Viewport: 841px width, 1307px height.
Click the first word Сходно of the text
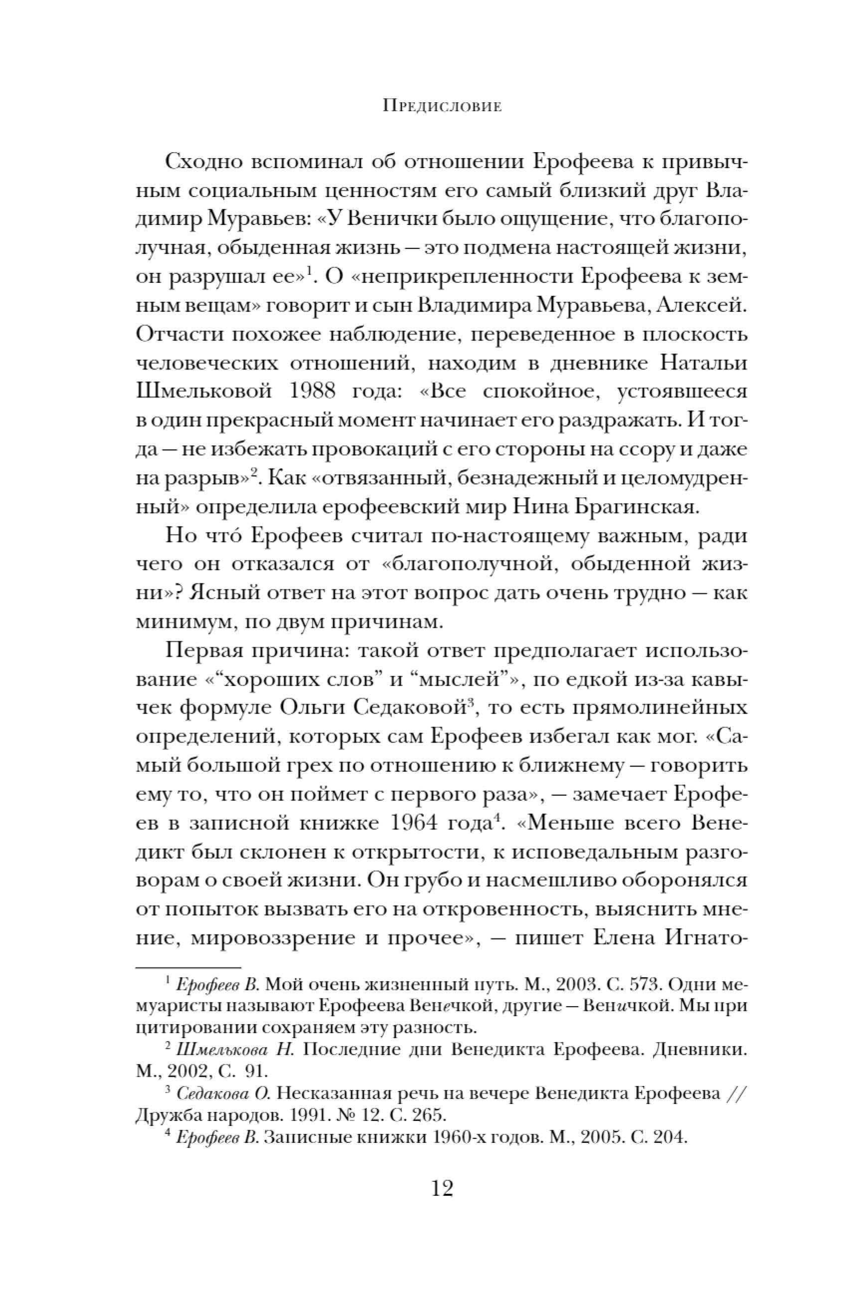coord(203,162)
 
